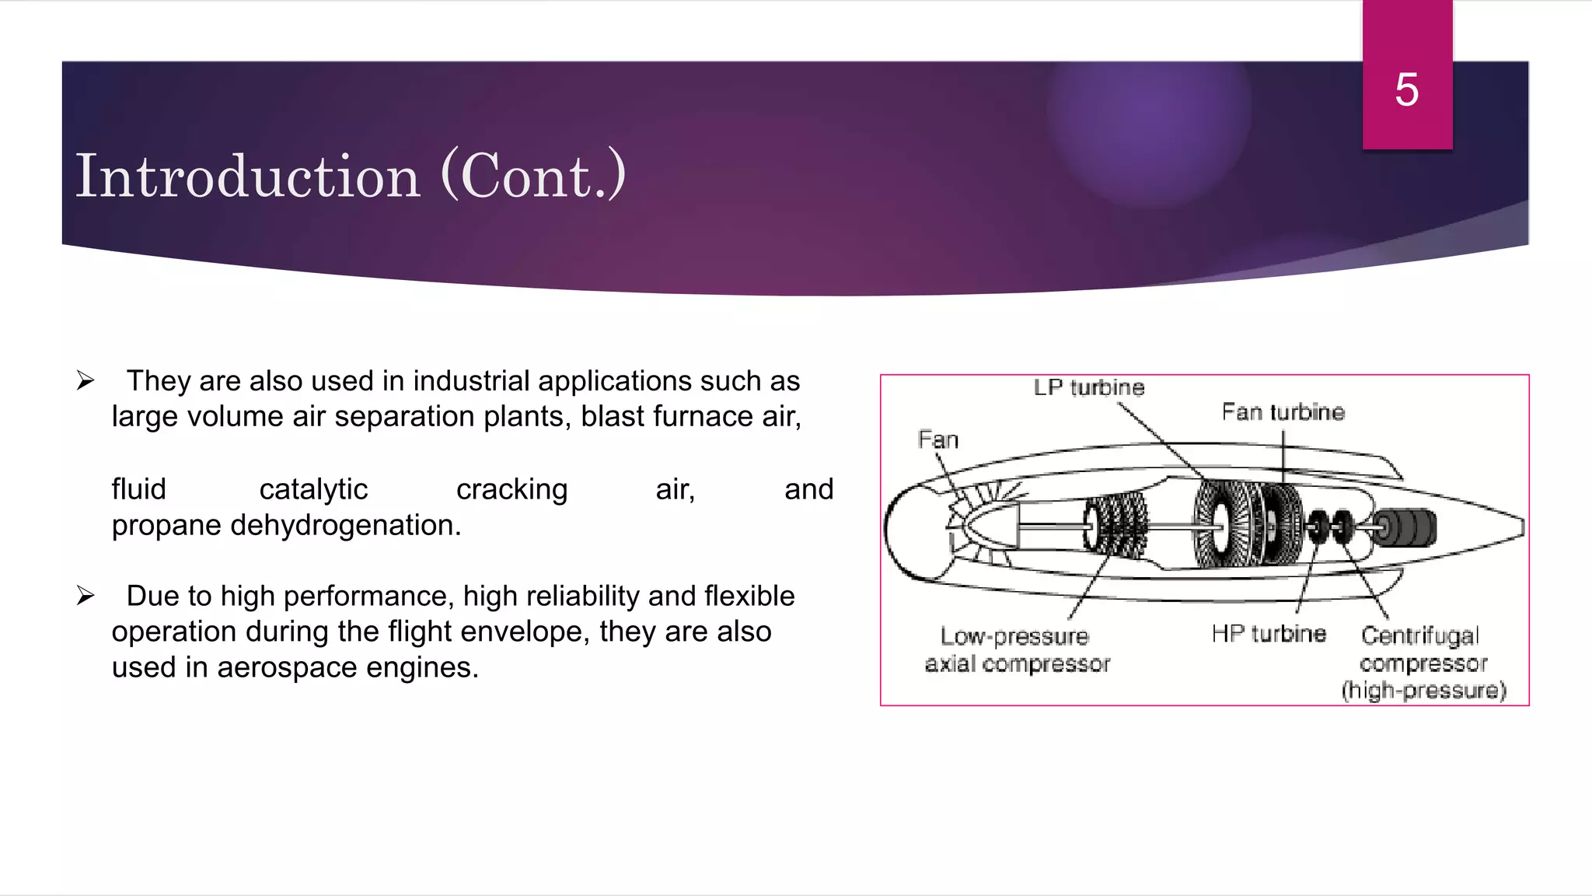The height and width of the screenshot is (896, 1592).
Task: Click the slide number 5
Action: click(x=1406, y=89)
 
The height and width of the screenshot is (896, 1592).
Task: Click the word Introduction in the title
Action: click(x=247, y=177)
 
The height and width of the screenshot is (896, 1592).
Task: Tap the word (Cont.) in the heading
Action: click(x=533, y=177)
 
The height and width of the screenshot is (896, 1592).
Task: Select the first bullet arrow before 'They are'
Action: click(x=86, y=381)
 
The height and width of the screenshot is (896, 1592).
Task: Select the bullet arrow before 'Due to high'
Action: click(x=86, y=597)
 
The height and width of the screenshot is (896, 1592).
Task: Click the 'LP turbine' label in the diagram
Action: click(x=1088, y=387)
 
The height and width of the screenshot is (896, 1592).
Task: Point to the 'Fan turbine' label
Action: click(x=1283, y=411)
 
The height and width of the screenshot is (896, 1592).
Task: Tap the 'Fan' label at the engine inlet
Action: click(x=937, y=440)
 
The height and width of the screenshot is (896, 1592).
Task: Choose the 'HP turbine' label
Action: click(x=1268, y=634)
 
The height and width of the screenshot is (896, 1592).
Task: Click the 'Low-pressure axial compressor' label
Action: click(x=1017, y=649)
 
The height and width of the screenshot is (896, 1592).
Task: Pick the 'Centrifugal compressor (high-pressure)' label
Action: click(x=1423, y=663)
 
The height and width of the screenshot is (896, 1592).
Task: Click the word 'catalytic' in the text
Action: click(x=313, y=489)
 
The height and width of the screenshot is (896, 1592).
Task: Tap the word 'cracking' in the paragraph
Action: click(x=511, y=489)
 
